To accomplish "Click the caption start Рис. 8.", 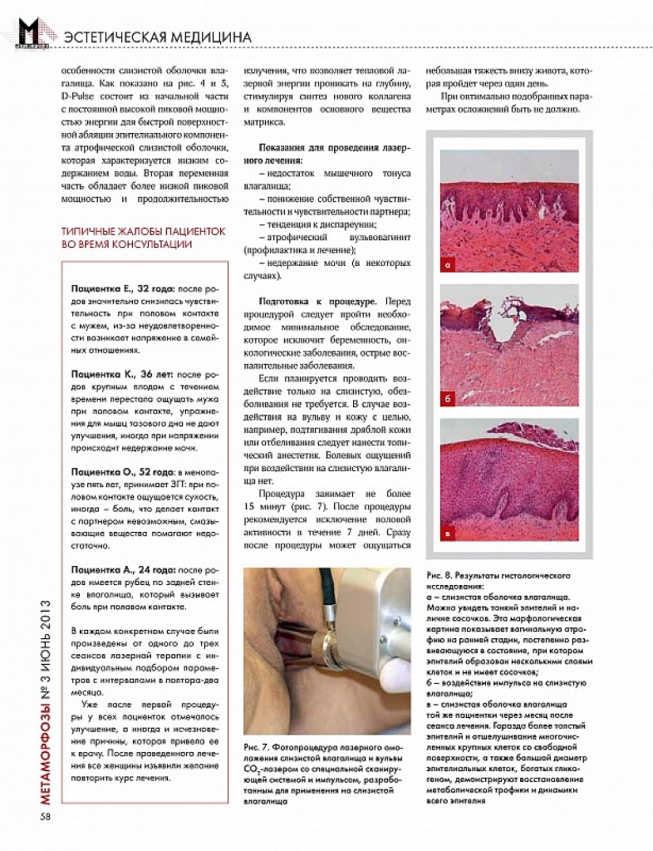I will pyautogui.click(x=440, y=575).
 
